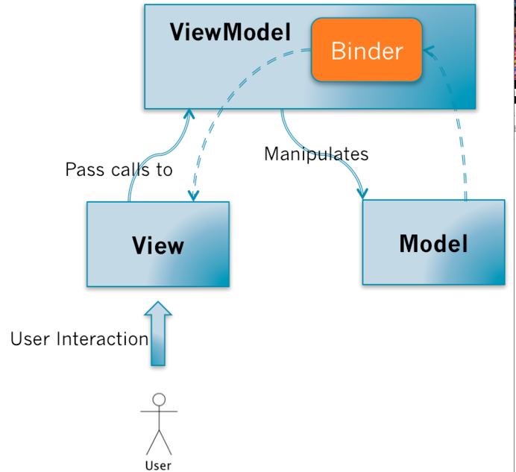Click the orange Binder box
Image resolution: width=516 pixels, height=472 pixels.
[x=367, y=51]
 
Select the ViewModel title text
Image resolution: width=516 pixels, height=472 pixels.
[x=230, y=32]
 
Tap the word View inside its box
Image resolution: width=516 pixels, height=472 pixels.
[x=158, y=245]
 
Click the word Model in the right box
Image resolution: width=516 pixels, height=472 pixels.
[x=433, y=243]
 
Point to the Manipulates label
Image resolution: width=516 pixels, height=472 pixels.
[x=316, y=154]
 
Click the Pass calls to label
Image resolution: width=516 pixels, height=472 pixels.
[x=119, y=170]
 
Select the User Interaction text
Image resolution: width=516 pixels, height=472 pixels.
[x=79, y=339]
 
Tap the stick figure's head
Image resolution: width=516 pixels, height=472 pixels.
[x=159, y=399]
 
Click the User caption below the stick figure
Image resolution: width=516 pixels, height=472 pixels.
[x=158, y=465]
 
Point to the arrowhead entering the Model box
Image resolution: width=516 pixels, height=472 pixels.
[x=362, y=192]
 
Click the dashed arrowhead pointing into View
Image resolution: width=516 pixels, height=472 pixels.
[x=194, y=195]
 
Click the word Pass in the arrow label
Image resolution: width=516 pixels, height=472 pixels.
[x=80, y=170]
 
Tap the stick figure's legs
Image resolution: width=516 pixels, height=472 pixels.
[x=159, y=441]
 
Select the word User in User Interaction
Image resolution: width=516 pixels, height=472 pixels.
[x=31, y=339]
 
